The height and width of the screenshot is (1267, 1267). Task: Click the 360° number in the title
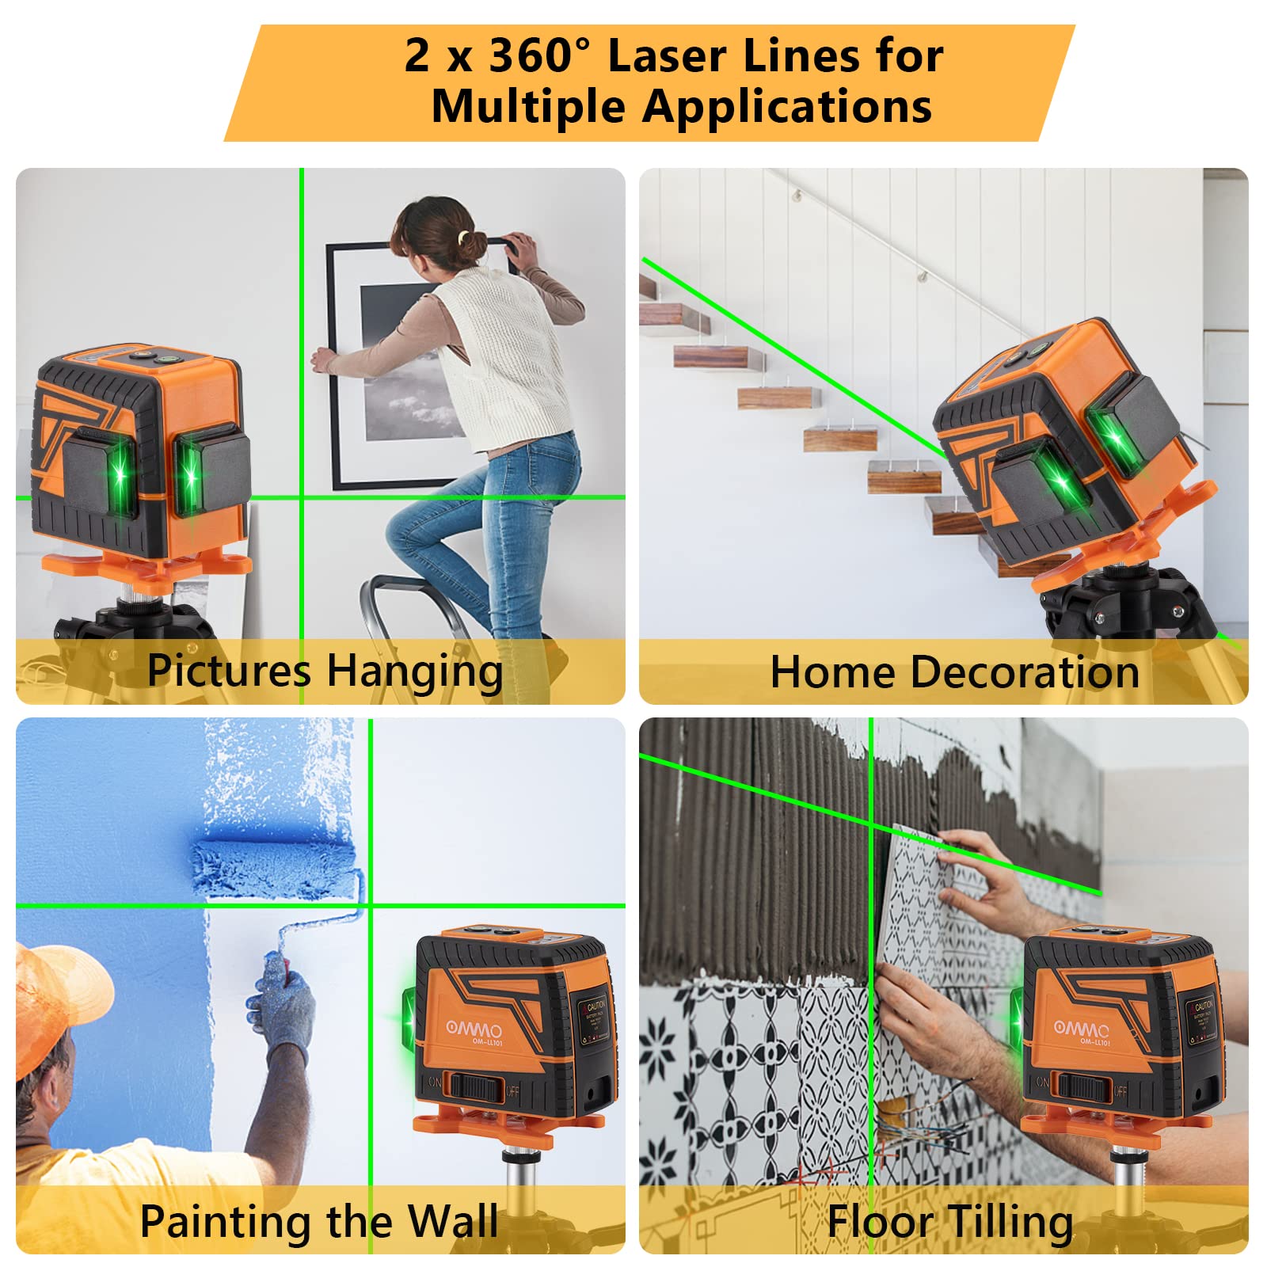539,57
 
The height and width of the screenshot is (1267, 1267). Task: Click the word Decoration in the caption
1025,672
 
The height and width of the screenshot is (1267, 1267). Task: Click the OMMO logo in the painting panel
474,1029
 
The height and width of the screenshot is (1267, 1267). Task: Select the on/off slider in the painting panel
474,1084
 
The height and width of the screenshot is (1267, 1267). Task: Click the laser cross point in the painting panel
370,905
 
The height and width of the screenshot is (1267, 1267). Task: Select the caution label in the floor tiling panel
1200,1018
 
